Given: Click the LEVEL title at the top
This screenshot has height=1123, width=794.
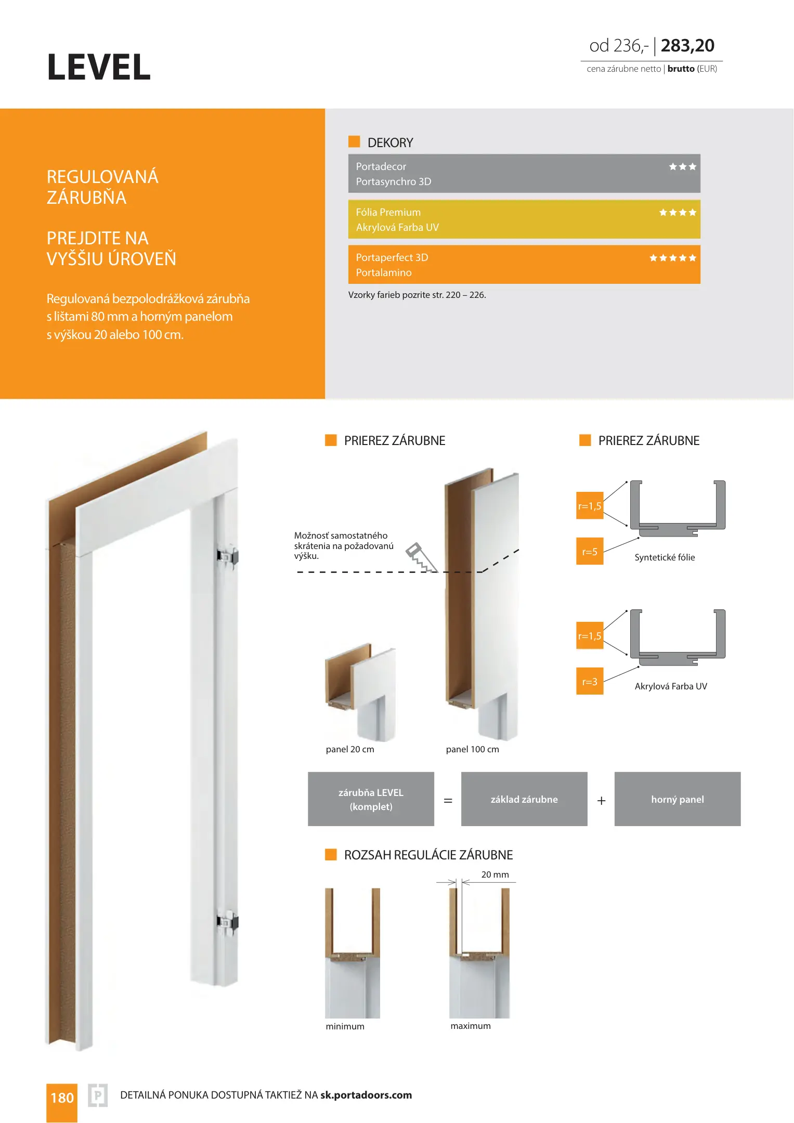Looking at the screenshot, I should [99, 68].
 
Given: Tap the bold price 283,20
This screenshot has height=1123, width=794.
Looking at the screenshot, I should [687, 46].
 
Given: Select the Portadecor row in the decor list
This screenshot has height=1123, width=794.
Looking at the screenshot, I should [381, 166].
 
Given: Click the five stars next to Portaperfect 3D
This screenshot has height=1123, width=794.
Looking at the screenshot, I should [672, 258].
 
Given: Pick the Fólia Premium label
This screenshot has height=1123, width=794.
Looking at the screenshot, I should [388, 212].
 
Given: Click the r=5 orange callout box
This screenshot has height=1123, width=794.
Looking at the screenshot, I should [590, 552].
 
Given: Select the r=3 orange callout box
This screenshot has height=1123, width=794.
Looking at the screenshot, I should [590, 682].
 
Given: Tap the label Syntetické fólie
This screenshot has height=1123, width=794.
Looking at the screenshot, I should [665, 557].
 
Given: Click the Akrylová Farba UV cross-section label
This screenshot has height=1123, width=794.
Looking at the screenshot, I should [671, 686].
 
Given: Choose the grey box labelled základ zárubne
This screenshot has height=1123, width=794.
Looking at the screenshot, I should [524, 799].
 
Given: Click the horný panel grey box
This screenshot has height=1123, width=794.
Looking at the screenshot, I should [678, 799].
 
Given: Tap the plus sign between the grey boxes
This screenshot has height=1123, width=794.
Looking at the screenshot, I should [602, 801].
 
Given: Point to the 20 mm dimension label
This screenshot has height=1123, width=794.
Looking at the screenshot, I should [495, 874].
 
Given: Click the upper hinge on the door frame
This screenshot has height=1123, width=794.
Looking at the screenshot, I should [228, 556].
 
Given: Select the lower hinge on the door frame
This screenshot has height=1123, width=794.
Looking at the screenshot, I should [228, 922].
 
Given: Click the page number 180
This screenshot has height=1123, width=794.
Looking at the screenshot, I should [62, 1098].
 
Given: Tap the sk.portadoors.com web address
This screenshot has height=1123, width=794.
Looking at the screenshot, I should [366, 1095].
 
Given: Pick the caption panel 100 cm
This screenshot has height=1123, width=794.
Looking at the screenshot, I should [472, 749].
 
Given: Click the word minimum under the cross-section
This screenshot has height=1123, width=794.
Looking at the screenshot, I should [345, 1026].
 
